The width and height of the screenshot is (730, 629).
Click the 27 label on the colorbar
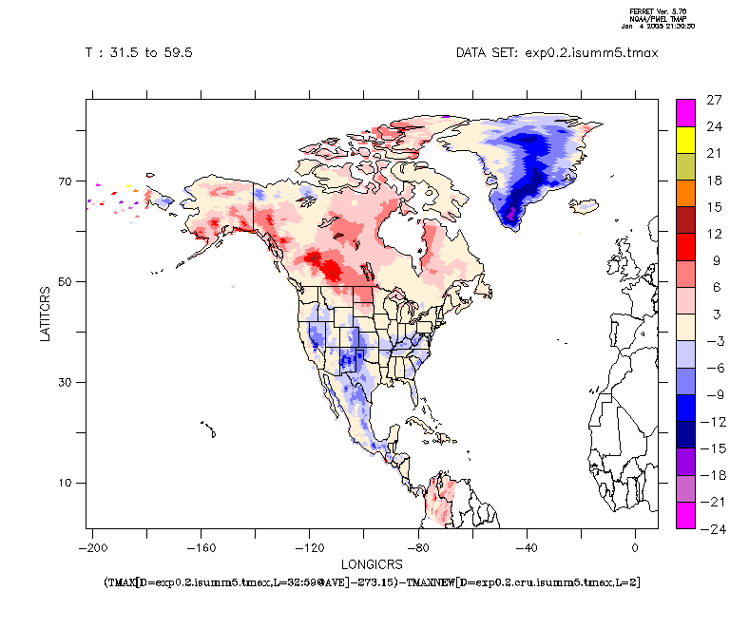click(715, 99)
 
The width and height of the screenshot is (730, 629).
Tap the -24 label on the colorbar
click(715, 528)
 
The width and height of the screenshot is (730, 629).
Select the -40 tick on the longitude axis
click(527, 548)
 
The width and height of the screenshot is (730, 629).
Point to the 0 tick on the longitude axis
click(635, 548)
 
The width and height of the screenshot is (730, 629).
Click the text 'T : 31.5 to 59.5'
click(139, 53)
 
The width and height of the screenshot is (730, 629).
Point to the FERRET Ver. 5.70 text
click(655, 11)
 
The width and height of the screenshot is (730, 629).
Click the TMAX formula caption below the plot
click(372, 581)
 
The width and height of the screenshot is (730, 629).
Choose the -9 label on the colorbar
click(715, 394)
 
